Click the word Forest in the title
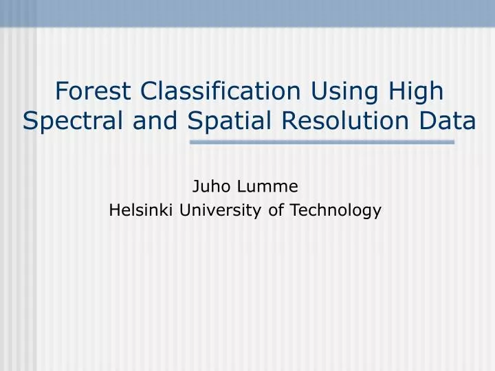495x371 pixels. (94, 90)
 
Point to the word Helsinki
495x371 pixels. (142, 210)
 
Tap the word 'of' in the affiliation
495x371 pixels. (276, 210)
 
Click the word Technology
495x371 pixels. (335, 210)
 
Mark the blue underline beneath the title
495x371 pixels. (322, 142)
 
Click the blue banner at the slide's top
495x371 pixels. (247, 12)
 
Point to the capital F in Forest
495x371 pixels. (60, 90)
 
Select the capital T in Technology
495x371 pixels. (294, 210)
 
